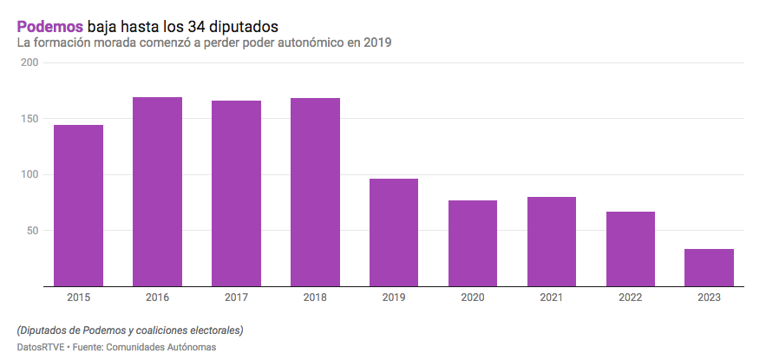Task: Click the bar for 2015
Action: [x=78, y=206]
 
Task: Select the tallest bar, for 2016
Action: [x=157, y=192]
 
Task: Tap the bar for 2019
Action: [x=394, y=232]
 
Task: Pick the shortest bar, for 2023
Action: [x=709, y=267]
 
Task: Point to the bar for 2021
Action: [x=552, y=241]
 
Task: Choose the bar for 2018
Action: [x=315, y=192]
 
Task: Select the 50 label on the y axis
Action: [x=31, y=231]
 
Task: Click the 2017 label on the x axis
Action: [x=236, y=298]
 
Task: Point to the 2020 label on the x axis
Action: [x=473, y=298]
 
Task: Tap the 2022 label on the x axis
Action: [x=630, y=298]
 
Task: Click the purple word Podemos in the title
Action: [x=49, y=27]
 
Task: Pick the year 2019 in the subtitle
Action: [x=377, y=43]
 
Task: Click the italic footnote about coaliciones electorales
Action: [x=129, y=331]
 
